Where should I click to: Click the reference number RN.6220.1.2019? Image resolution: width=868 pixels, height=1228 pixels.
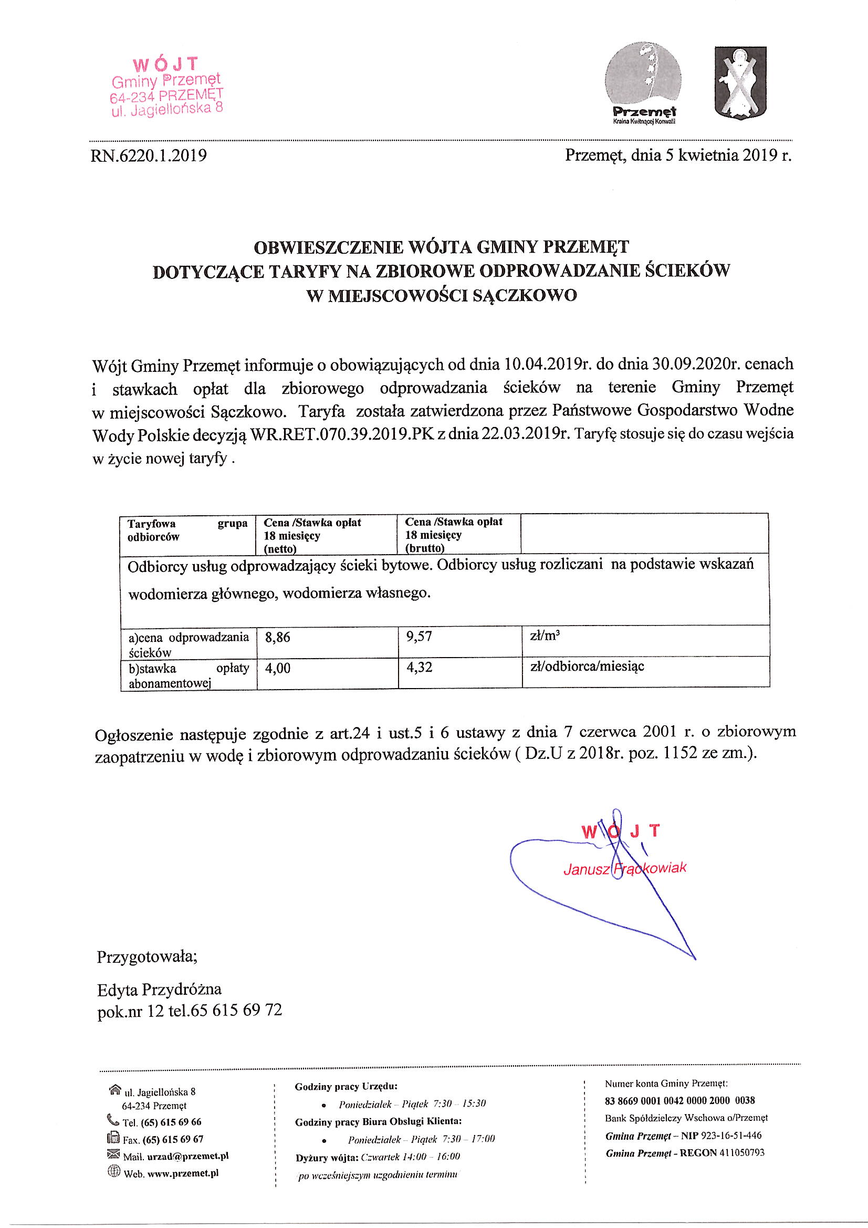(x=149, y=155)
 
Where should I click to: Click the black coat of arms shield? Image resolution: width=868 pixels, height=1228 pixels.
(x=741, y=81)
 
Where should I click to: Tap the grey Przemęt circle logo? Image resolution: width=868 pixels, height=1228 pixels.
(x=643, y=80)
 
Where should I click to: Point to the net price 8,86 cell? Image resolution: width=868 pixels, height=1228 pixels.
(x=278, y=638)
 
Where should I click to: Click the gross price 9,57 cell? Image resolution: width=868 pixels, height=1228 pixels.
(x=419, y=637)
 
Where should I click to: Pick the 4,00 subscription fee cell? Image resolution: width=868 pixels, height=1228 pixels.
(x=278, y=668)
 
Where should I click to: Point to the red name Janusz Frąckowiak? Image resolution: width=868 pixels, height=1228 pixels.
(x=624, y=869)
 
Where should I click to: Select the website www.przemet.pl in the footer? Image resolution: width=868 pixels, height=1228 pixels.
(x=182, y=1173)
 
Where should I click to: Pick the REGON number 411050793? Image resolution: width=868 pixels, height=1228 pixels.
(x=741, y=1152)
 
